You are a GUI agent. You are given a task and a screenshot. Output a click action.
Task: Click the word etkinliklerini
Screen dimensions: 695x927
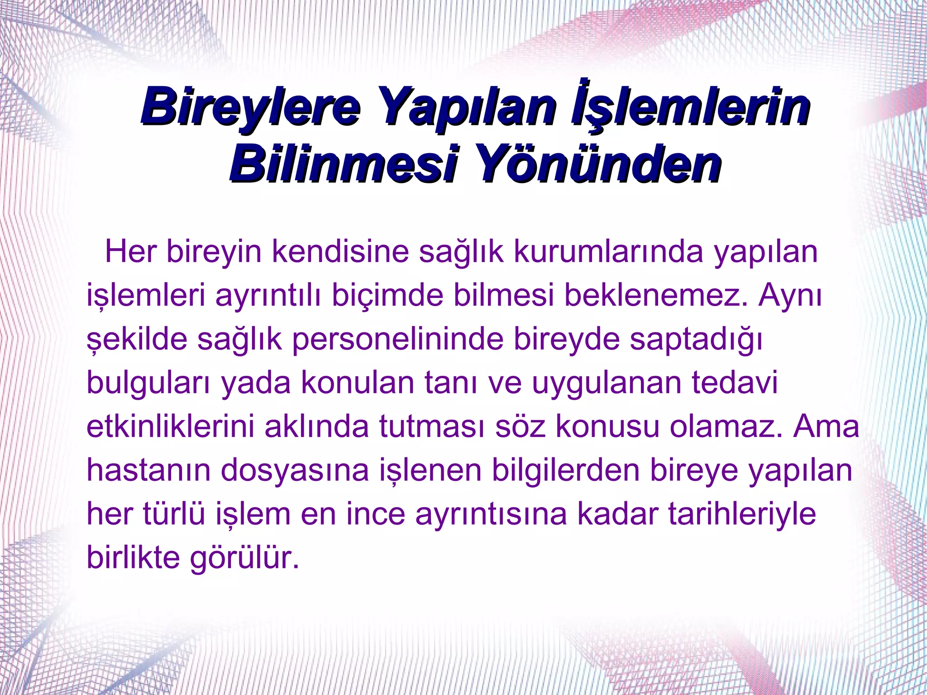[x=170, y=427]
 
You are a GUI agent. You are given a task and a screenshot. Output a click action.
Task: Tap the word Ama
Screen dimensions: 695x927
[x=826, y=427]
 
